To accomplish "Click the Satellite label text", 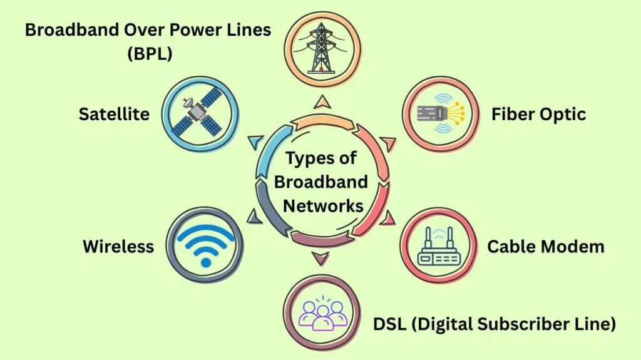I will [114, 114].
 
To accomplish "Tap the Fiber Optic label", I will [538, 114].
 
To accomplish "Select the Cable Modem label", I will [546, 246].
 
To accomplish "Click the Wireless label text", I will [118, 246].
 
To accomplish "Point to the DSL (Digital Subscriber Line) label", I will [495, 324].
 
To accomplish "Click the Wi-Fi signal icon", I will [205, 244].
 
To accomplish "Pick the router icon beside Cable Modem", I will [439, 246].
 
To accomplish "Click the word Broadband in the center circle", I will [321, 182].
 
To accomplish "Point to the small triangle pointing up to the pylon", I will [322, 102].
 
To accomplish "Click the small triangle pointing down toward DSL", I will [321, 257].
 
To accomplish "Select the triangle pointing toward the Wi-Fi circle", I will [254, 217].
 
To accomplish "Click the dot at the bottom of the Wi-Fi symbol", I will [205, 262].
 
